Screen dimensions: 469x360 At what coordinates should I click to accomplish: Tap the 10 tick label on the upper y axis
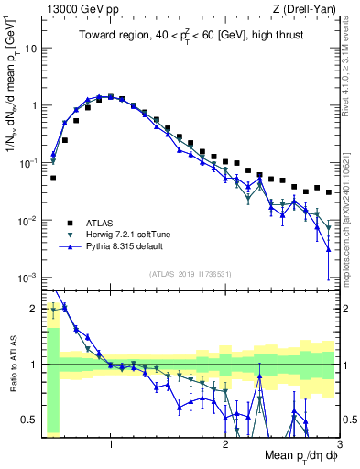(x=31, y=48)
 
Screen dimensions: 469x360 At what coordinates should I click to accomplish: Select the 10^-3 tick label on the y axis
(x=27, y=278)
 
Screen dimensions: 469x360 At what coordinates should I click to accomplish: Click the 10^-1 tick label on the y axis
(x=27, y=162)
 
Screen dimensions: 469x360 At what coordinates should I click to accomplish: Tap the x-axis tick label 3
(x=338, y=443)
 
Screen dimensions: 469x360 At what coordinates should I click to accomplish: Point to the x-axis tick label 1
(x=111, y=443)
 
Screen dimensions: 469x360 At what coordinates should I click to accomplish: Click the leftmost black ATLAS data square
(x=53, y=178)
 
